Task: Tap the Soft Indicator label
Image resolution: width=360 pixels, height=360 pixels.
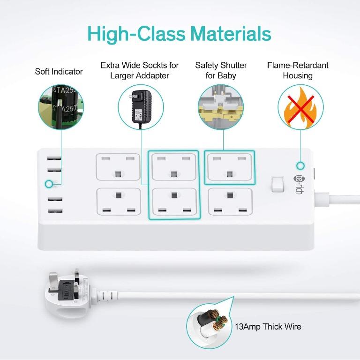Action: [x=59, y=72]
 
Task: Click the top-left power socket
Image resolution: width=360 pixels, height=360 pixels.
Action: [x=118, y=166]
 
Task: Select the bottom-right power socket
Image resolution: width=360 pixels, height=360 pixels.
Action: [x=230, y=201]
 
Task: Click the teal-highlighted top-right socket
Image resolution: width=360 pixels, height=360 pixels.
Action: [x=230, y=166]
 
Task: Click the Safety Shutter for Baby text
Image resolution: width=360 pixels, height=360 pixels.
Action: [x=221, y=70]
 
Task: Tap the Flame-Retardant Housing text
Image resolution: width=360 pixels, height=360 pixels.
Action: [x=298, y=70]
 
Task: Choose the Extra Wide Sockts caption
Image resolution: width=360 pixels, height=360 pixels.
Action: [x=140, y=70]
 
